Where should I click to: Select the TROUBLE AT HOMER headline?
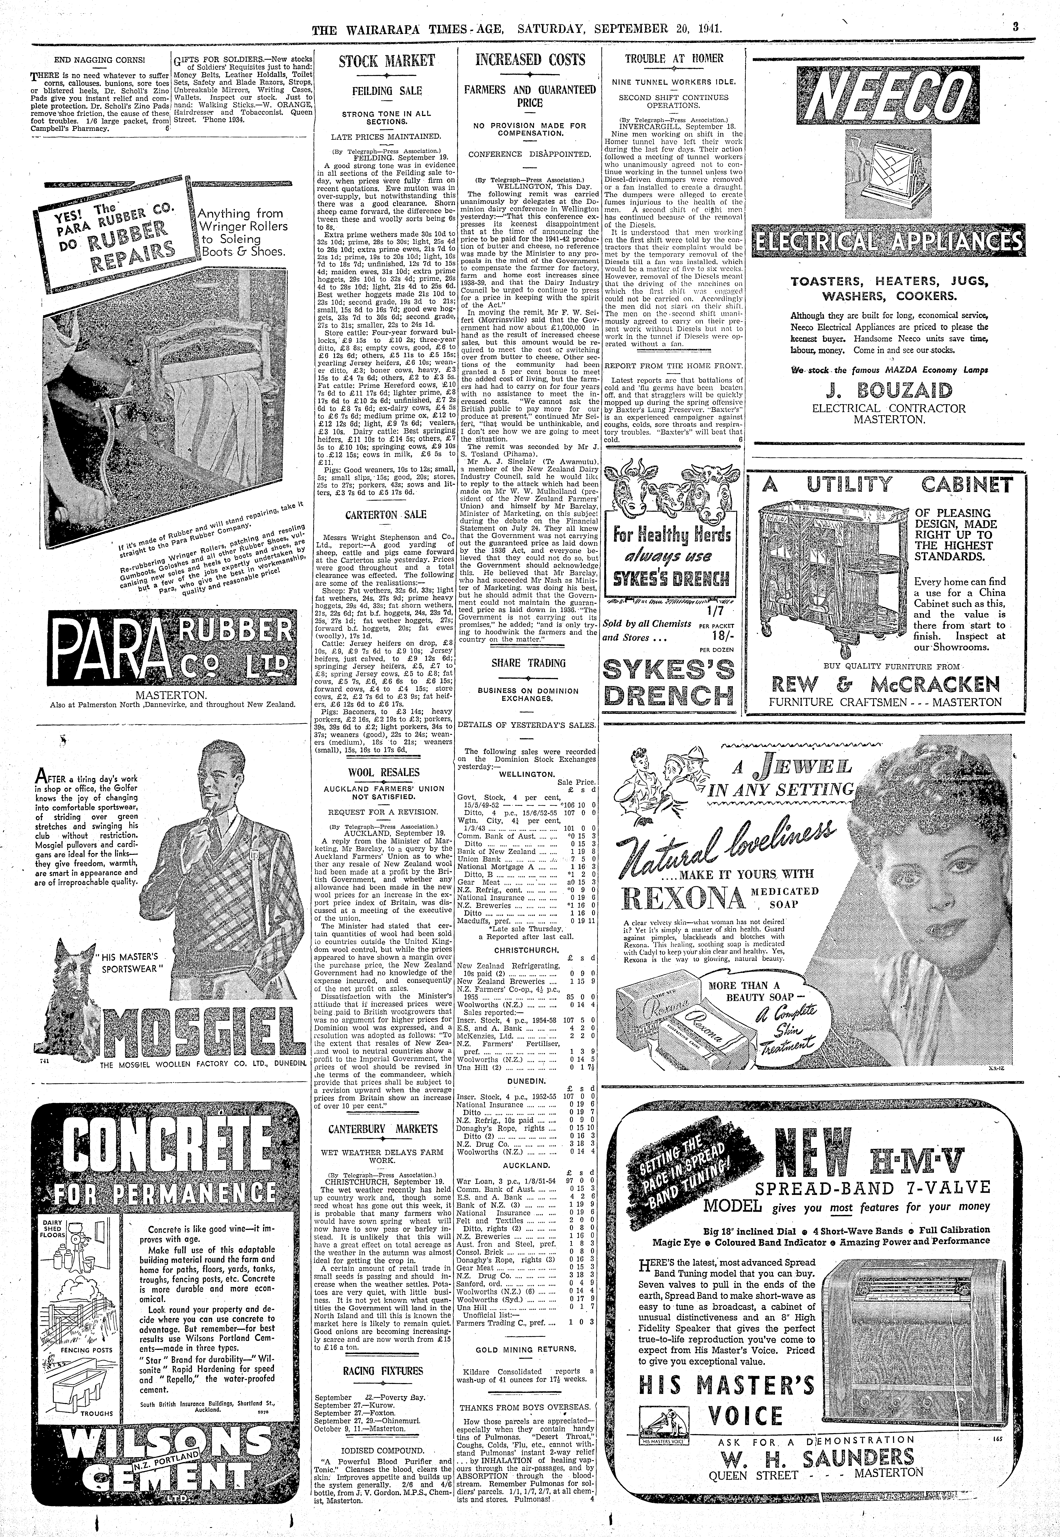click(674, 59)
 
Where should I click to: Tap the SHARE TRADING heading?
click(529, 663)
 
